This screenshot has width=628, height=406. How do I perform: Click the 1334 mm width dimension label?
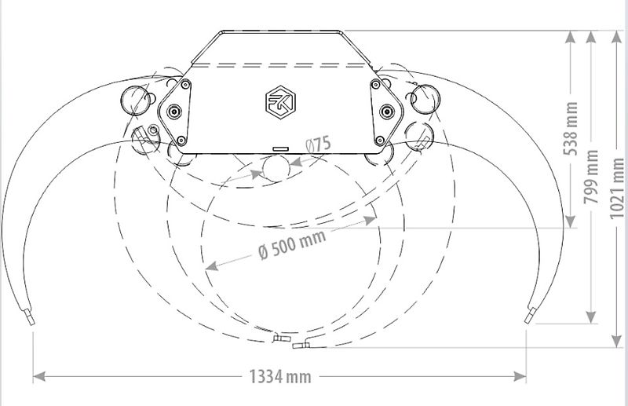tap(280, 377)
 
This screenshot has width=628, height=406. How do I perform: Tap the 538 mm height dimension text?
tap(571, 129)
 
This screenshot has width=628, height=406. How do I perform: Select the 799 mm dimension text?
tap(591, 177)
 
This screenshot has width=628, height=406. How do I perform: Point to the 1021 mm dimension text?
tap(617, 188)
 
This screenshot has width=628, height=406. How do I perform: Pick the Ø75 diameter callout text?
tap(319, 144)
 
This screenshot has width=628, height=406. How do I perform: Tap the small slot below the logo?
tap(280, 148)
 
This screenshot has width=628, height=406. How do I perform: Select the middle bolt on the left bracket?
tap(173, 111)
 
